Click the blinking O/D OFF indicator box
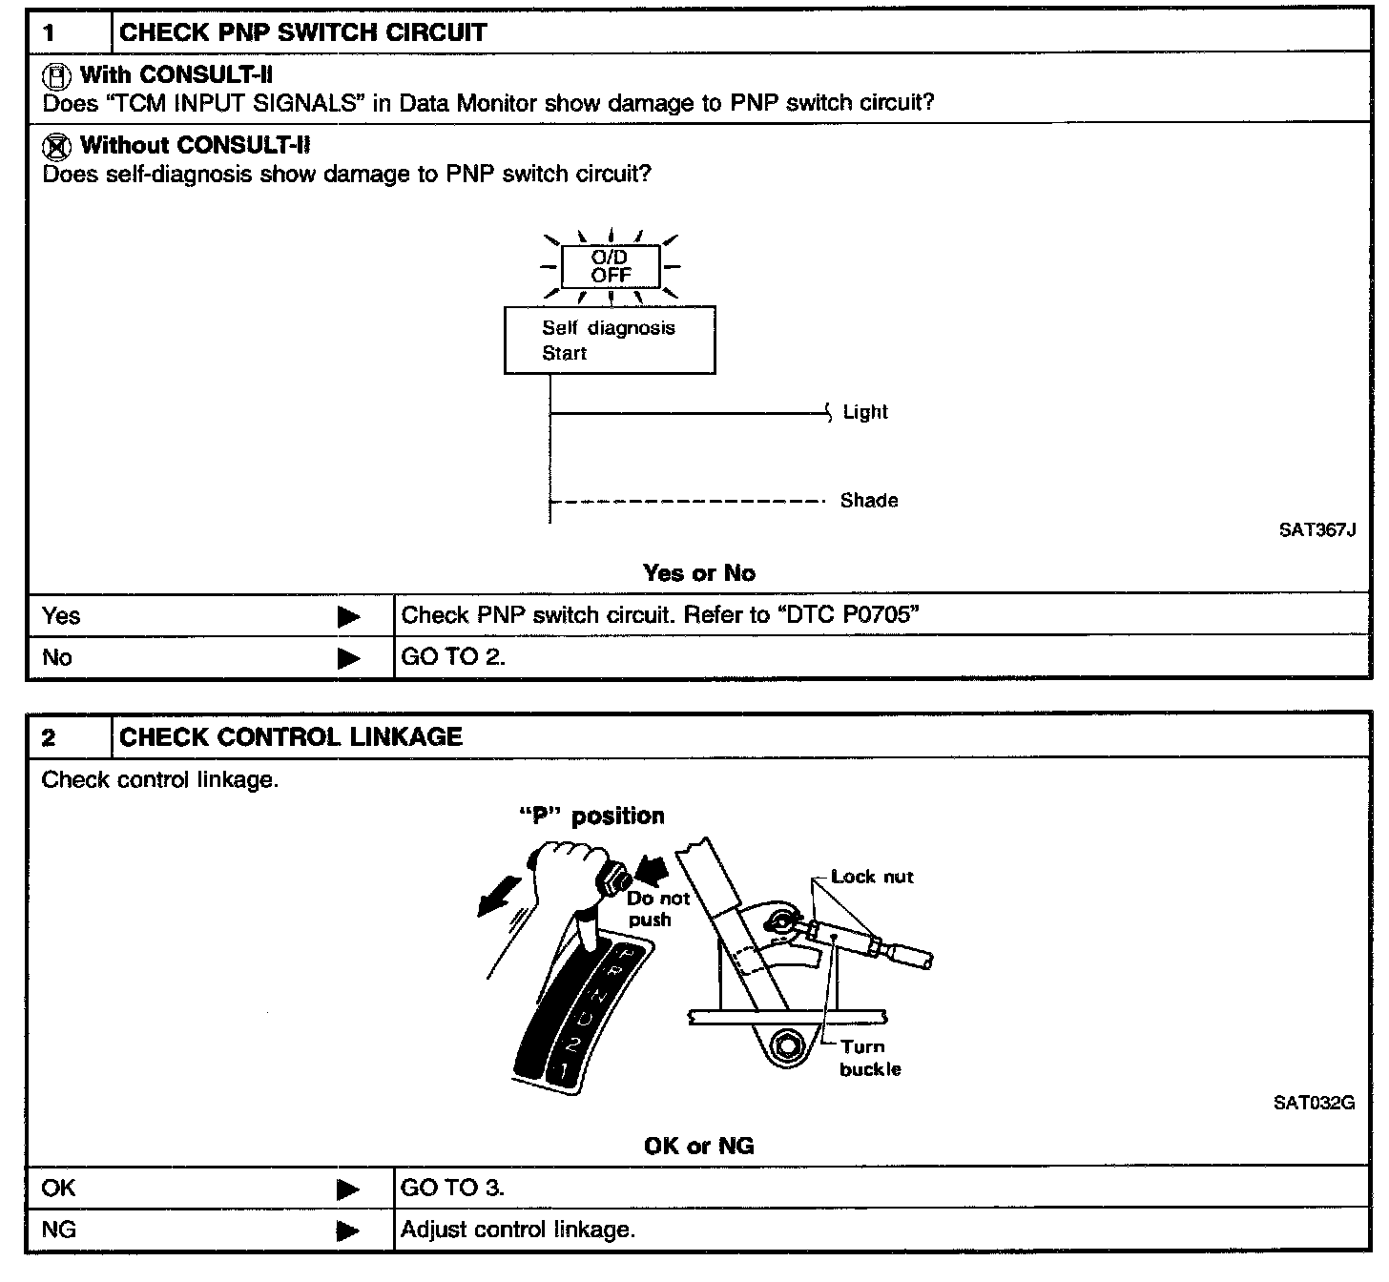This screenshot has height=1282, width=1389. [x=610, y=266]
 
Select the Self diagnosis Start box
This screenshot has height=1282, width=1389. [x=610, y=340]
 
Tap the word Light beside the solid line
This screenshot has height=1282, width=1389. [x=865, y=412]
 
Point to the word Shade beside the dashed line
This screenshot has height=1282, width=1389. [x=868, y=500]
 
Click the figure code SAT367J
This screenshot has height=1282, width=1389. [x=1316, y=530]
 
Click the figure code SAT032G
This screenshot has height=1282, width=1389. [x=1314, y=1104]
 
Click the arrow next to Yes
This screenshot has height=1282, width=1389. [x=349, y=617]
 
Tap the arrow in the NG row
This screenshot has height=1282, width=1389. [x=349, y=1230]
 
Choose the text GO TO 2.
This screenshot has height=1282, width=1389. [x=453, y=657]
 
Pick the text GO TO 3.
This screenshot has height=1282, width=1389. [x=452, y=1189]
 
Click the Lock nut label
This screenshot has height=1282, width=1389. [x=872, y=877]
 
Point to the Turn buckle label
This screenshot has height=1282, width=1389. [x=869, y=1058]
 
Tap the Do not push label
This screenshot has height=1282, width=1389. [x=657, y=909]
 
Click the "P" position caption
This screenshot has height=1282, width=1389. [x=591, y=817]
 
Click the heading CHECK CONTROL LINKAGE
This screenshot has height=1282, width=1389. [x=291, y=737]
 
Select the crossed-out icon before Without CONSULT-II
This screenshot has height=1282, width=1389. [x=57, y=146]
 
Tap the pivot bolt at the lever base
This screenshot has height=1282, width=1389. [x=785, y=1044]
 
